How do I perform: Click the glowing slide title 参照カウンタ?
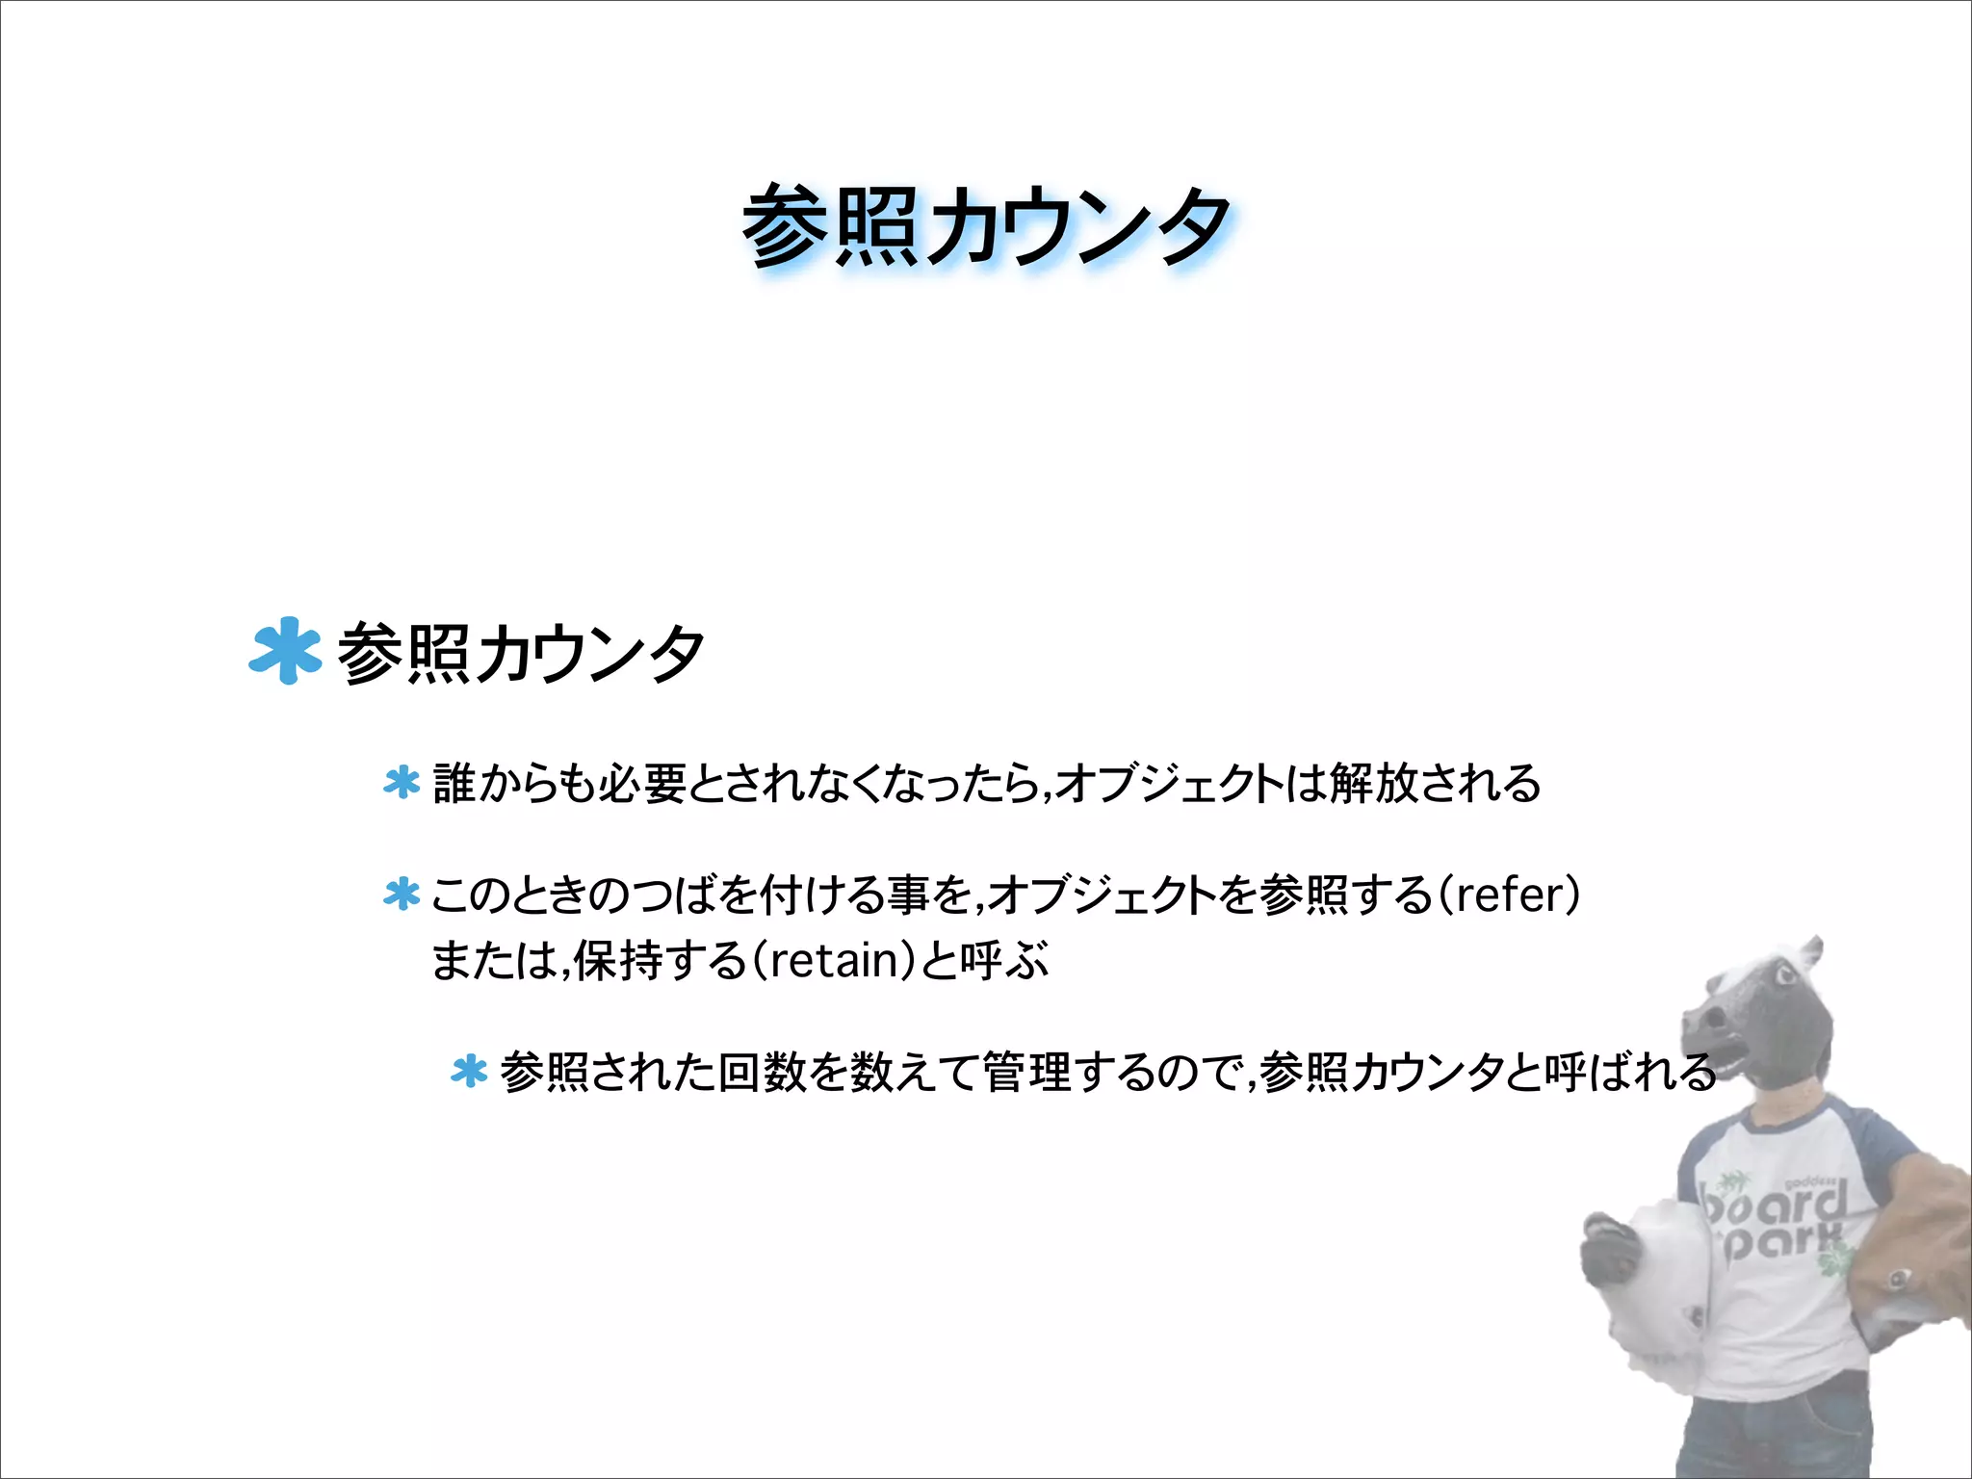point(986,226)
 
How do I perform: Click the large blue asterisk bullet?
point(285,651)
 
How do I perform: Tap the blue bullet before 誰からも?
point(402,782)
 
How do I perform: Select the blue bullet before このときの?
point(402,894)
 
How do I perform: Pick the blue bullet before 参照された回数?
point(469,1071)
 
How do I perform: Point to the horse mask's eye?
point(1784,978)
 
